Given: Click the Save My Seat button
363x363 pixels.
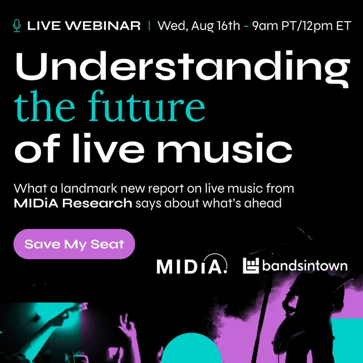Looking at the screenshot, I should (74, 244).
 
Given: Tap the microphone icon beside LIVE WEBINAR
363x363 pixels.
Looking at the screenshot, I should (17, 26).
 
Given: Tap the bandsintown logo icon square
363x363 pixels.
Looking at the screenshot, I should (251, 266).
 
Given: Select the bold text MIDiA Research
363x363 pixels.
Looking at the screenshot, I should (73, 203).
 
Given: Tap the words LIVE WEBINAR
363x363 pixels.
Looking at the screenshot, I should (84, 26).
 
